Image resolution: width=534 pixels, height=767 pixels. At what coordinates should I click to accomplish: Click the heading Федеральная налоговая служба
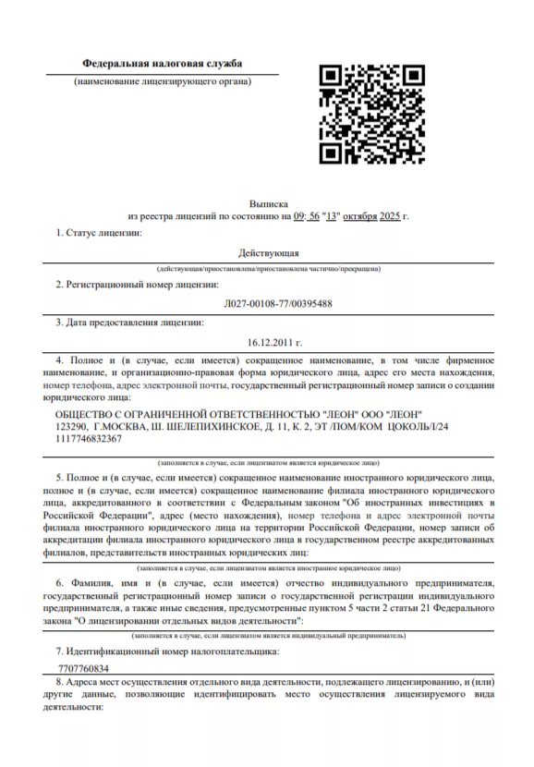click(x=162, y=64)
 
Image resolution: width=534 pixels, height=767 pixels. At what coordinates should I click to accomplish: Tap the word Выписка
click(x=268, y=201)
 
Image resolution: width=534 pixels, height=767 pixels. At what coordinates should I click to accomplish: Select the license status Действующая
click(x=268, y=252)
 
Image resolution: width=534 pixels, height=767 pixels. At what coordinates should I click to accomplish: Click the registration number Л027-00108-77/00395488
click(x=268, y=303)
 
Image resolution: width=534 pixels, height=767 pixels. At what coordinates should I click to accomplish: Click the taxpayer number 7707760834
click(x=83, y=667)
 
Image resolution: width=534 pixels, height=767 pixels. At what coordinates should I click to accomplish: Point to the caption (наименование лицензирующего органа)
click(x=163, y=81)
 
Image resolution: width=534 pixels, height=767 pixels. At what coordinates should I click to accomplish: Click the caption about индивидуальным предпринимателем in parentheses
click(x=268, y=636)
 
